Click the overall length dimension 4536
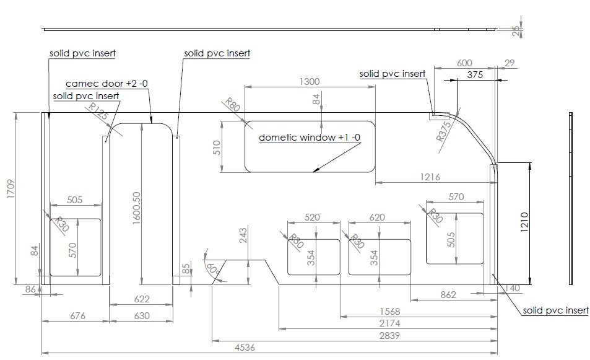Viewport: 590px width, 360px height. coord(245,347)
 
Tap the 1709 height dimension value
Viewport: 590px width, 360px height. coord(11,189)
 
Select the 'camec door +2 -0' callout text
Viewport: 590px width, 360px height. coord(107,84)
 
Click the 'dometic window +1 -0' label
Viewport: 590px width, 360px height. coord(310,138)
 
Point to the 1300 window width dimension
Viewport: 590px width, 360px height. coord(310,82)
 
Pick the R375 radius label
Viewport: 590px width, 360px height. coord(444,131)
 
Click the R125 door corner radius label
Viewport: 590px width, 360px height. coord(99,112)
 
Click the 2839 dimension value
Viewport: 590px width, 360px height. coord(389,335)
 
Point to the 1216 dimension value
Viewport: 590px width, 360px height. coord(430,177)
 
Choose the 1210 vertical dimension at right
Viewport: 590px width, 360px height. coord(525,222)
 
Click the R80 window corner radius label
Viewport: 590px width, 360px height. coord(232,105)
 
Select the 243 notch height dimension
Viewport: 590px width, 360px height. coord(243,235)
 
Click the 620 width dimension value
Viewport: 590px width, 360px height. coord(377,217)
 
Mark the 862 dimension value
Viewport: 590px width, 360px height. coord(448,295)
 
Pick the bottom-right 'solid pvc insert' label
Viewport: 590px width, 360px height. coord(556,310)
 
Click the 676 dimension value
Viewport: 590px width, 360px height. coord(77,315)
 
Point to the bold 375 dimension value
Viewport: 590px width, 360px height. coord(475,74)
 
